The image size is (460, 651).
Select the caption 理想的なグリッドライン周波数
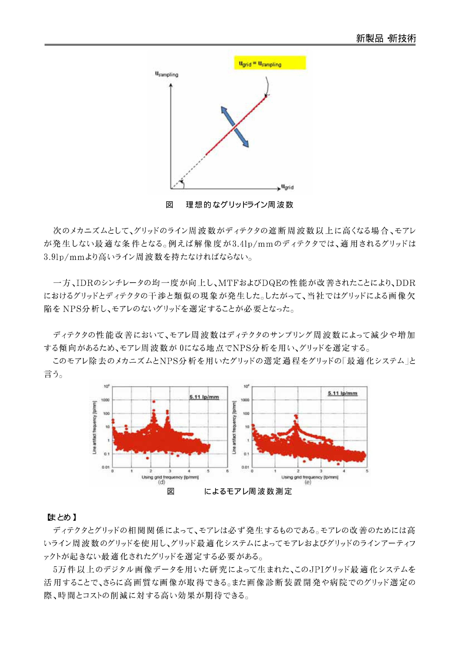tap(239, 205)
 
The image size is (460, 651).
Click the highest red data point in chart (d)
tap(154, 401)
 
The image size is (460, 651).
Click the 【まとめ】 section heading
tap(61, 517)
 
